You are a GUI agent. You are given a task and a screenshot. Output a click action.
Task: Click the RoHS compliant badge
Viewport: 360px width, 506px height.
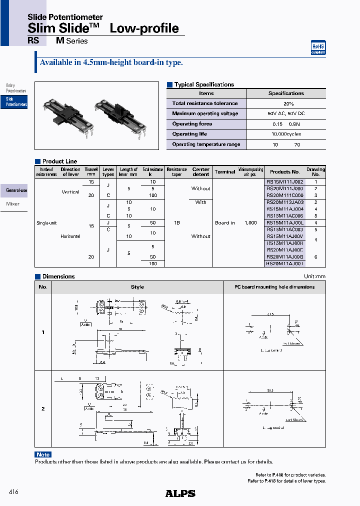318,47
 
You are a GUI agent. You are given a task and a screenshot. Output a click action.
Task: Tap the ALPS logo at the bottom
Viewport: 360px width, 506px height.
180,493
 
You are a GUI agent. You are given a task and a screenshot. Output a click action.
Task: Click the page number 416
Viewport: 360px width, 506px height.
13,492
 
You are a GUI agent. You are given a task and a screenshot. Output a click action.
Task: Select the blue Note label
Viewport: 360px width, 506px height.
43,454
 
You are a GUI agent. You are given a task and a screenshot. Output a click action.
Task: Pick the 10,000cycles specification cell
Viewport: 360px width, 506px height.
286,134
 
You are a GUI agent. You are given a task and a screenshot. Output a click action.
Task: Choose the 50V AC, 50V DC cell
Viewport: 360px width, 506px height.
286,114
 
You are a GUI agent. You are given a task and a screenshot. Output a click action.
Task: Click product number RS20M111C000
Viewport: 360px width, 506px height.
284,195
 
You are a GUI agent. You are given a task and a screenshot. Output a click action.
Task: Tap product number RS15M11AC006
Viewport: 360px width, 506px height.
284,215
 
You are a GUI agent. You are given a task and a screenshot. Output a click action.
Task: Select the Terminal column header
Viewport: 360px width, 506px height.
225,171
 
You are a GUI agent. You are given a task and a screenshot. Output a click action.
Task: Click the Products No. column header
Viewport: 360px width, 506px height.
284,171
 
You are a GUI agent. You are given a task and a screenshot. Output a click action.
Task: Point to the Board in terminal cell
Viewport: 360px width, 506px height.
225,223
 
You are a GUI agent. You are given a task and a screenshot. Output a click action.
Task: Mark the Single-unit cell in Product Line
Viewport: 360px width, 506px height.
45,223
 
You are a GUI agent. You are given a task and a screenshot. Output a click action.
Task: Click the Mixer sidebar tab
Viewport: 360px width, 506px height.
13,204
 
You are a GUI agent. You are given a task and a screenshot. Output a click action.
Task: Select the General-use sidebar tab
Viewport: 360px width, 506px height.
16,190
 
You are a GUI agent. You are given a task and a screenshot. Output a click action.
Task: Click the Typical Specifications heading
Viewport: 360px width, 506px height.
203,84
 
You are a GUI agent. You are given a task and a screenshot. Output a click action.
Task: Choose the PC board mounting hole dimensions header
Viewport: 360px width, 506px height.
274,287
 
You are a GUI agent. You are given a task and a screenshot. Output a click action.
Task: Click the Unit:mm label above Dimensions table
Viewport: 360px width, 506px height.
314,276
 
